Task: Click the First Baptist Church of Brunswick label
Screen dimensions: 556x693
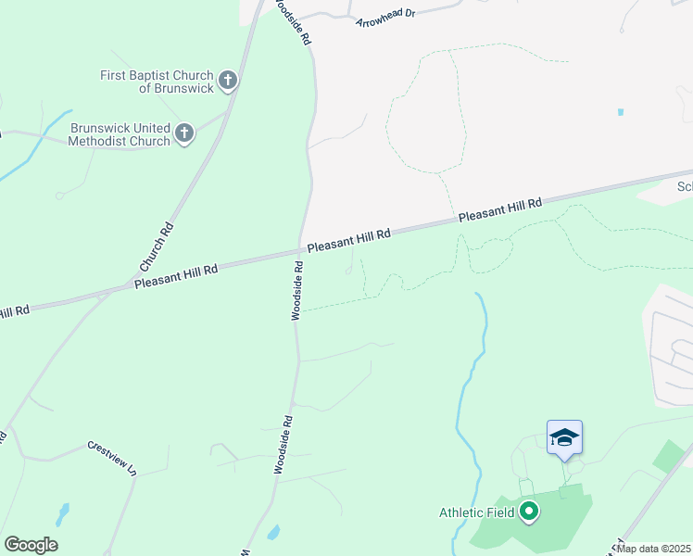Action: (x=157, y=82)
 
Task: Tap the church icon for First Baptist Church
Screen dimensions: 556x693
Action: (x=229, y=81)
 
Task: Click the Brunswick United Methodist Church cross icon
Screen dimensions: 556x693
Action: (x=184, y=133)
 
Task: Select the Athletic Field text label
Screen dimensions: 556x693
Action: (x=476, y=512)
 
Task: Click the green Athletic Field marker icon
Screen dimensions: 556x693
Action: (x=529, y=512)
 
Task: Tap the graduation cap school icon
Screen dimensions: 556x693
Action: (x=564, y=437)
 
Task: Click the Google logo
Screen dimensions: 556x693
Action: (x=31, y=545)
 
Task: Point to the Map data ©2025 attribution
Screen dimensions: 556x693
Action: (x=653, y=549)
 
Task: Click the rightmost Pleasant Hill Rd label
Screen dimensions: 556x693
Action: (x=499, y=209)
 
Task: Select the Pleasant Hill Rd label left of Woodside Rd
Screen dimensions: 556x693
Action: (x=175, y=274)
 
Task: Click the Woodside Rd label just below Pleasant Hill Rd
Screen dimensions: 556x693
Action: (x=298, y=291)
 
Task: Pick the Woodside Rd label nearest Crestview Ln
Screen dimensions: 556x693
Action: (x=283, y=445)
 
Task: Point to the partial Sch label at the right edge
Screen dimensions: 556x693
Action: (x=684, y=186)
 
